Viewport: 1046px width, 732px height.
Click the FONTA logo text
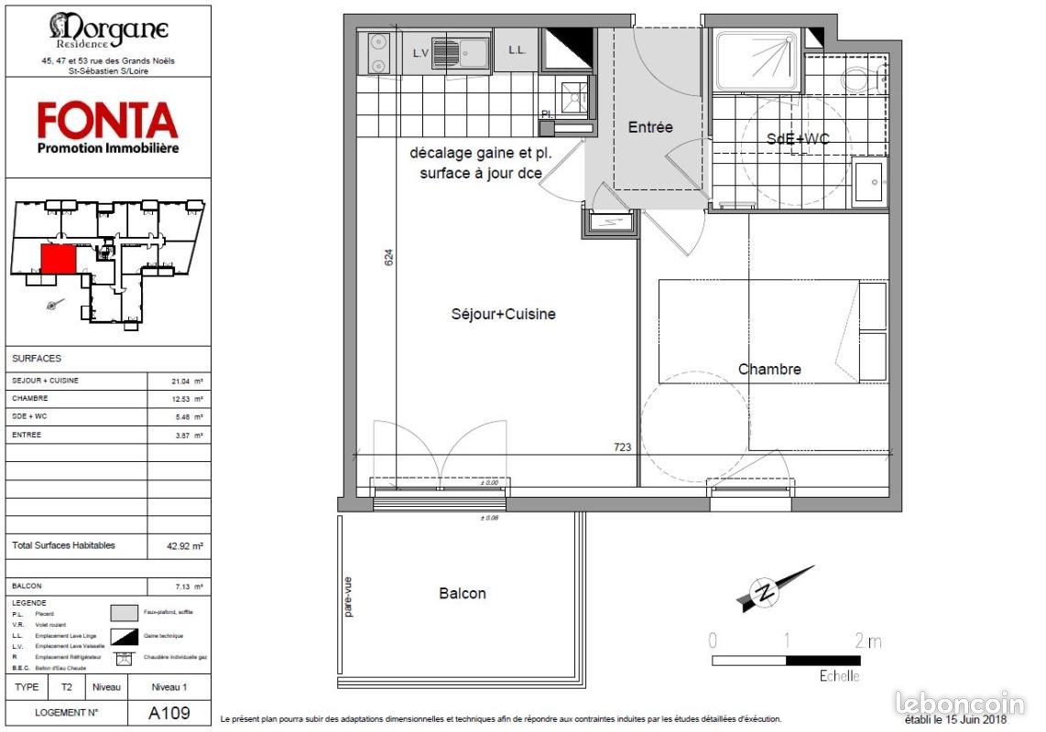pyautogui.click(x=107, y=121)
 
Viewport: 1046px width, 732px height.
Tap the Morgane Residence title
pyautogui.click(x=108, y=29)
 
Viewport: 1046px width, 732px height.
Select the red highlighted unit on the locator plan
pyautogui.click(x=60, y=258)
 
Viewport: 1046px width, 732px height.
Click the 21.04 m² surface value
pyautogui.click(x=180, y=380)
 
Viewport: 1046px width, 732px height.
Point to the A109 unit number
pyautogui.click(x=169, y=713)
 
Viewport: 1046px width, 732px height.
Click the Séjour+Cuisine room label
pyautogui.click(x=503, y=314)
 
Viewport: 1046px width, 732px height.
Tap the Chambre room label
pyautogui.click(x=769, y=369)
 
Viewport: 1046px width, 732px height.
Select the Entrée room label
pyautogui.click(x=650, y=127)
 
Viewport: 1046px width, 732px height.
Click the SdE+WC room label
pyautogui.click(x=798, y=138)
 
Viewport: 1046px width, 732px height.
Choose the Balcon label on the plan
pyautogui.click(x=463, y=593)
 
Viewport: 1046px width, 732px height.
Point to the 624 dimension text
pyautogui.click(x=388, y=259)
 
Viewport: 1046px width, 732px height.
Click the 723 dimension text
pyautogui.click(x=622, y=447)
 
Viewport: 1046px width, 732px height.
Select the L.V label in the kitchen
pyautogui.click(x=421, y=53)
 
